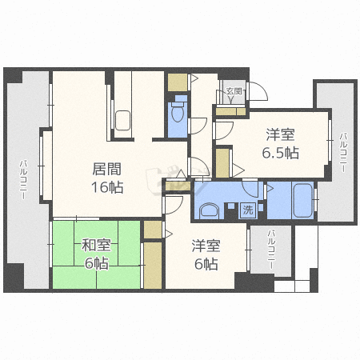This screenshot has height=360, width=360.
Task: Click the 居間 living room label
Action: point(107,169)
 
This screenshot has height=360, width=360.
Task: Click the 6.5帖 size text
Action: point(280,153)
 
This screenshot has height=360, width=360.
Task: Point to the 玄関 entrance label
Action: point(233,92)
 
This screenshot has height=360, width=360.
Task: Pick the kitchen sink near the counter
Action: point(123,121)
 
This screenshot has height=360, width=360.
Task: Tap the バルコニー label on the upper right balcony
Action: point(342,152)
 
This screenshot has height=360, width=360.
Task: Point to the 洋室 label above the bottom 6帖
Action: point(206,246)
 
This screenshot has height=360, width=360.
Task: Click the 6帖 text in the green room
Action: point(95,263)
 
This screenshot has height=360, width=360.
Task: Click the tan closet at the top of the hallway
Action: point(177,81)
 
